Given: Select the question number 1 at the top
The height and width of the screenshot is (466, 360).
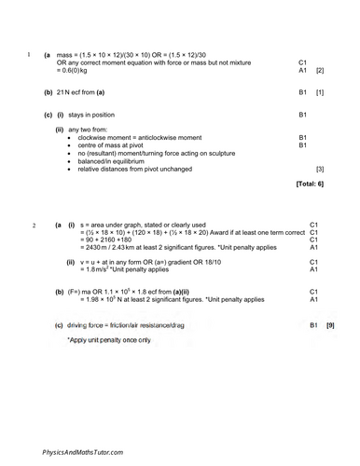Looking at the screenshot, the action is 30,56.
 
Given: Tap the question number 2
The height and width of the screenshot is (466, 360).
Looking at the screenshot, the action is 35,226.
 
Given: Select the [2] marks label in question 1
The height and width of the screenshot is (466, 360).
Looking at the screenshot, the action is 320,71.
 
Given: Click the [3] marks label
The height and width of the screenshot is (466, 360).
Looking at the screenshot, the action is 320,170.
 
